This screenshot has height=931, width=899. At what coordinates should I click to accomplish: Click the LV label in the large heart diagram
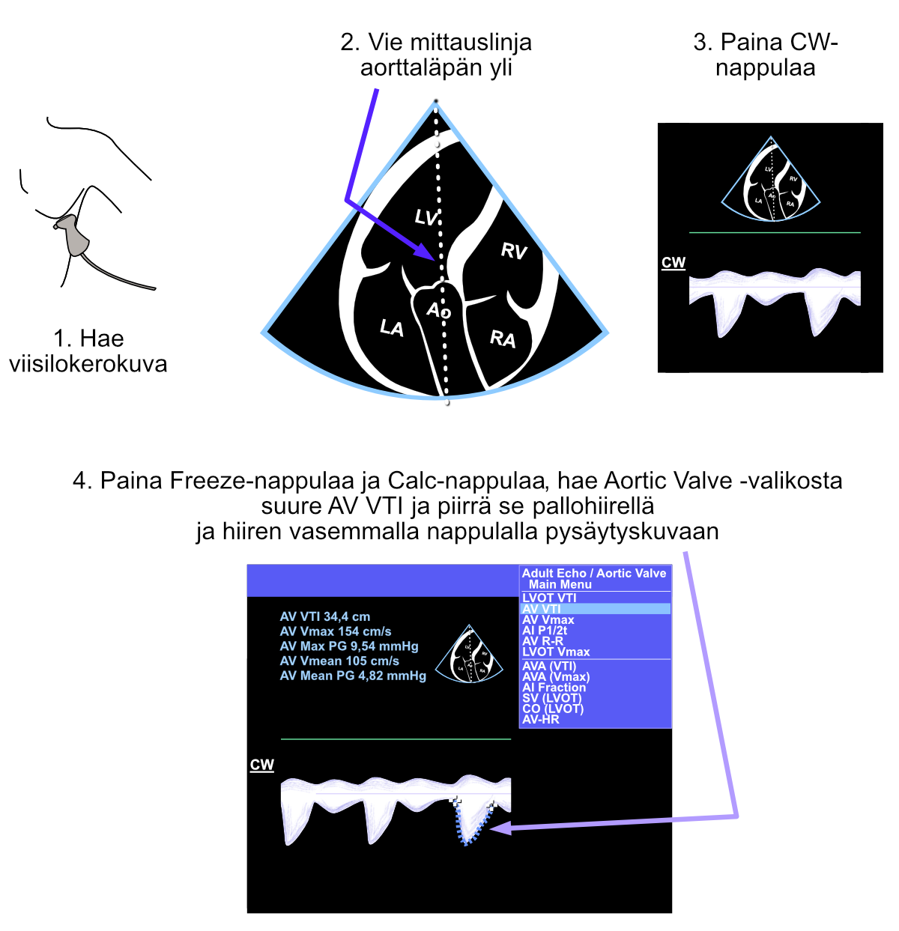pyautogui.click(x=426, y=217)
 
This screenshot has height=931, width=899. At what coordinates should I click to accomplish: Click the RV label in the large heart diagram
pyautogui.click(x=514, y=251)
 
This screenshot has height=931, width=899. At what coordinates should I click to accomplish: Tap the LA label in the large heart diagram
pyautogui.click(x=391, y=327)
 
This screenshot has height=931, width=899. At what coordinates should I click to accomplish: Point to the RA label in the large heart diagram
pyautogui.click(x=503, y=339)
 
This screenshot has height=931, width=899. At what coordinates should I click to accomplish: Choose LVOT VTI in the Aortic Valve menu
pyautogui.click(x=549, y=598)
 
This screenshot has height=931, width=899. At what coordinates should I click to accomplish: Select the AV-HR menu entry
pyautogui.click(x=540, y=719)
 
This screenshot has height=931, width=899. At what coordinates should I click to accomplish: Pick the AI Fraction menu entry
pyautogui.click(x=554, y=687)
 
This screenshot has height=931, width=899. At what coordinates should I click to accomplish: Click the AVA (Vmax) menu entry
pyautogui.click(x=555, y=676)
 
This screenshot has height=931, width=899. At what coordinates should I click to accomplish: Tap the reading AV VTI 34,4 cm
pyautogui.click(x=324, y=616)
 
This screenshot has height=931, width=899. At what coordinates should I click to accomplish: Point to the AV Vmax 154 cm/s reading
pyautogui.click(x=335, y=631)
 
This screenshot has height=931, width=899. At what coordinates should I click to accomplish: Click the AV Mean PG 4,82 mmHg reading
pyautogui.click(x=352, y=676)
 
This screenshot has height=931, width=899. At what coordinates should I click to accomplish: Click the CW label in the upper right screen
pyautogui.click(x=674, y=263)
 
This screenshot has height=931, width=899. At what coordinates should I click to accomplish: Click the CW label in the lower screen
pyautogui.click(x=261, y=765)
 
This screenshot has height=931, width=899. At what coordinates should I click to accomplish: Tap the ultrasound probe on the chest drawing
pyautogui.click(x=74, y=234)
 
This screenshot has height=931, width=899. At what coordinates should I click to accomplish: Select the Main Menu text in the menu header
pyautogui.click(x=560, y=584)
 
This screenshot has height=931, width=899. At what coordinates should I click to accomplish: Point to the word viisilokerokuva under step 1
pyautogui.click(x=88, y=364)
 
